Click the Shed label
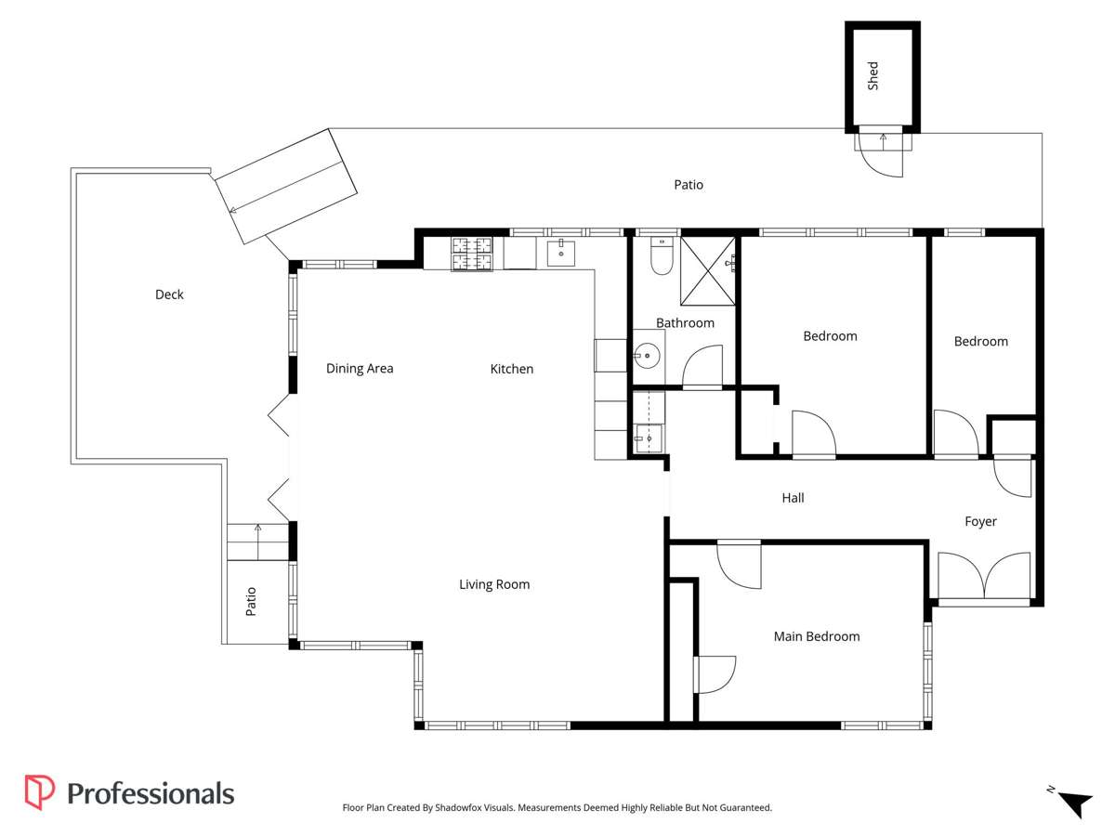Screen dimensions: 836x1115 [x=872, y=76]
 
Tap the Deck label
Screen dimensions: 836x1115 [x=169, y=294]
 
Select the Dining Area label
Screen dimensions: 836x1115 [x=360, y=369]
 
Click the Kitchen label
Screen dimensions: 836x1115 [x=512, y=369]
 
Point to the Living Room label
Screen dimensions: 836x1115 [x=494, y=584]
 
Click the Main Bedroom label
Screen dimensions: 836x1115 [x=817, y=636]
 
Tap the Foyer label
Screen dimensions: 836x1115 [x=980, y=521]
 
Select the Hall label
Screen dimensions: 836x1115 [x=793, y=498]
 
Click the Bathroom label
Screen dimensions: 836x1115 [x=685, y=323]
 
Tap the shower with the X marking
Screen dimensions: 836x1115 [x=708, y=271]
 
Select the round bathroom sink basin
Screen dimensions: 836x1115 [x=649, y=354]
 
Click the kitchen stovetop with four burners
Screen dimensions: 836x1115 [x=472, y=255]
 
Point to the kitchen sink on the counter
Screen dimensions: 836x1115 [x=561, y=252]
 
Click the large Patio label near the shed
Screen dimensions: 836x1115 [x=689, y=185]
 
